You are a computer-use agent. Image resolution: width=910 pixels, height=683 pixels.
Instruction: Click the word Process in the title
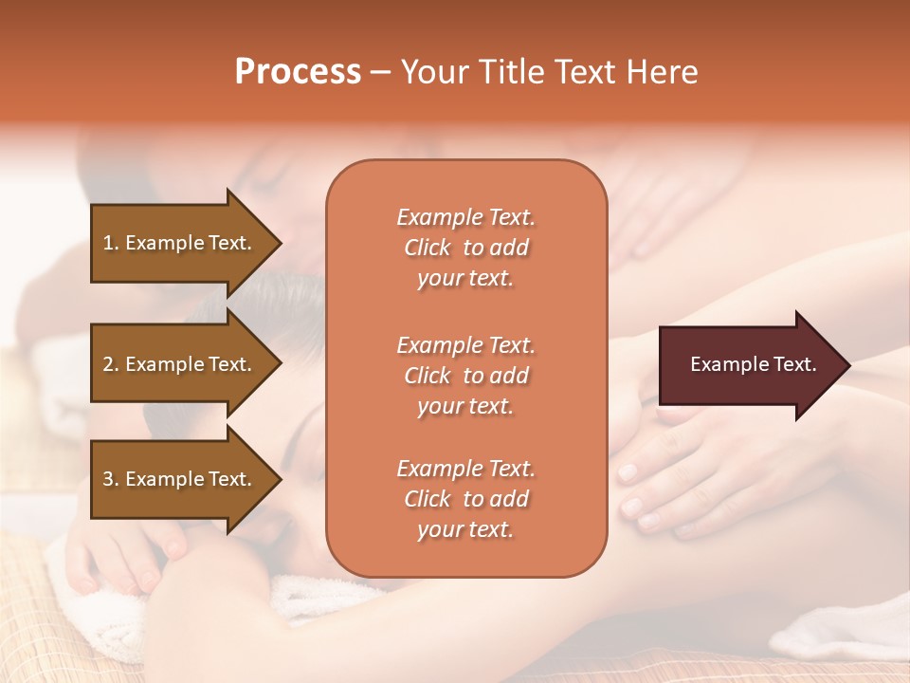coord(298,72)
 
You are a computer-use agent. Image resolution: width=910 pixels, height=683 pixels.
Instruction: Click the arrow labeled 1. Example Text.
coord(180,243)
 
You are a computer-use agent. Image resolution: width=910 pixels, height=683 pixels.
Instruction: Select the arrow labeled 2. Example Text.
coord(180,364)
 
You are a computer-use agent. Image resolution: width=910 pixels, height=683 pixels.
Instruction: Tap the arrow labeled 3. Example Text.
coord(180,479)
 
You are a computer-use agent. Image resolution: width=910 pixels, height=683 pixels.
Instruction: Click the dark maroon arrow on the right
coord(749,365)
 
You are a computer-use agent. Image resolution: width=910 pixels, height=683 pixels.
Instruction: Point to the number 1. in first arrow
coord(111,243)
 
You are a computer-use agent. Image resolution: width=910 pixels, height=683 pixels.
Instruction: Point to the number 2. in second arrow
coord(111,364)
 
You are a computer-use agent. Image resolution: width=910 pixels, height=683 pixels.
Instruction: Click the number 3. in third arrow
coord(111,479)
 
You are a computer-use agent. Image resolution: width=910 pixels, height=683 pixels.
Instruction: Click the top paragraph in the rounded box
coord(465,248)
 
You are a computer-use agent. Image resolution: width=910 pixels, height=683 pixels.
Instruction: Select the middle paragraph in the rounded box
coord(465,376)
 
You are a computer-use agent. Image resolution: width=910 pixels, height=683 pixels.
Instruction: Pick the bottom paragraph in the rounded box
coord(465,499)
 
